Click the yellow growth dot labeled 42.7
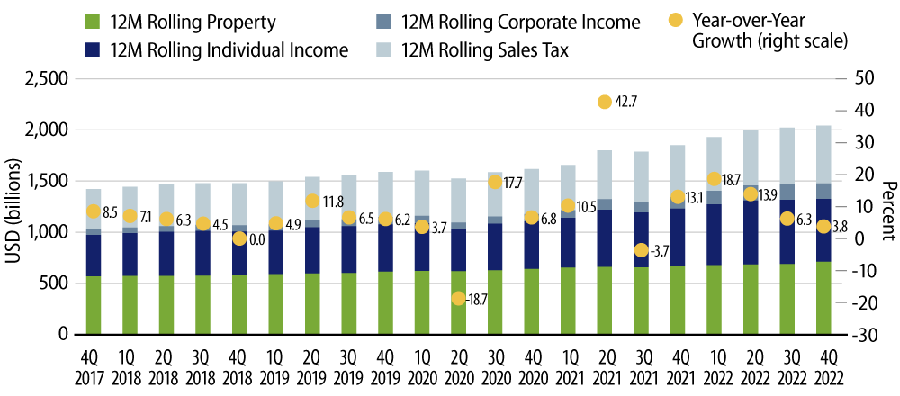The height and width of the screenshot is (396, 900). pos(605,103)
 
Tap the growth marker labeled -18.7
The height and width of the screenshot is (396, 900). pos(458,298)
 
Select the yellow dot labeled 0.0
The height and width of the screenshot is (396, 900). pos(238,238)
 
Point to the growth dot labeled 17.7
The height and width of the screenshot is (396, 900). pos(495,182)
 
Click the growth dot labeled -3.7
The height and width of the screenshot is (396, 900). pos(642,250)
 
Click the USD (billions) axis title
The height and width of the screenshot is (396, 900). pos(15,207)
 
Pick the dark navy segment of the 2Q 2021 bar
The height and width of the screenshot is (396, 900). pos(605,238)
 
